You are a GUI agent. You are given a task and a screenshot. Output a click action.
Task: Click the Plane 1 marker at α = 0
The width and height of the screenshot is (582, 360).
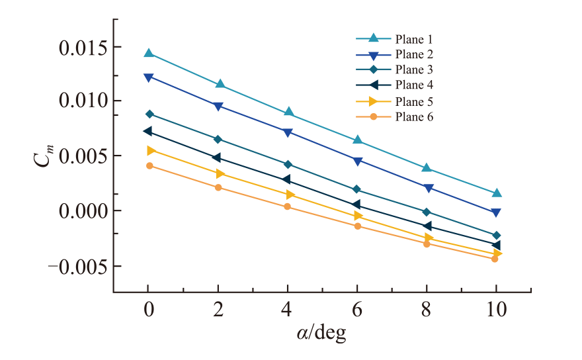(149, 53)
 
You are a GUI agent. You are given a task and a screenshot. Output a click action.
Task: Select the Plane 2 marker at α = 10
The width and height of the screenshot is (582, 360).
(496, 213)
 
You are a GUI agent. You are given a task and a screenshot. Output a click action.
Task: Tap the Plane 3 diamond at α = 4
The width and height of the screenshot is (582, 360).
(288, 165)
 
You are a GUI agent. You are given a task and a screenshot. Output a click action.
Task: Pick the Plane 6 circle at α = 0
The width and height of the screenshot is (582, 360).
(149, 165)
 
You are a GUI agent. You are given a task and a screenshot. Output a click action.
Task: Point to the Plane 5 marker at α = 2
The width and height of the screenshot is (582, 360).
(220, 173)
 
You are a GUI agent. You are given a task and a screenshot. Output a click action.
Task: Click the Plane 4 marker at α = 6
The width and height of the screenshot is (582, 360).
(356, 204)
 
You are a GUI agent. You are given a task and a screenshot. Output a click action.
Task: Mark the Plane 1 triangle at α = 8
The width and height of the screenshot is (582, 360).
(427, 168)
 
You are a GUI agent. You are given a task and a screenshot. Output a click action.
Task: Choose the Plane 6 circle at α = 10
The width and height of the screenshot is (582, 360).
(495, 259)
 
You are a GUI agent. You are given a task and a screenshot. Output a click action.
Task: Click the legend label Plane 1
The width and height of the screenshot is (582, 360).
(414, 40)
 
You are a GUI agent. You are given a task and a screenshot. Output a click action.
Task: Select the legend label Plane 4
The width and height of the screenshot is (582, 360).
(414, 85)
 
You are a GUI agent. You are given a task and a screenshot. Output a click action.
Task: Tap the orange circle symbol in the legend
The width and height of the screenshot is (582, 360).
(374, 116)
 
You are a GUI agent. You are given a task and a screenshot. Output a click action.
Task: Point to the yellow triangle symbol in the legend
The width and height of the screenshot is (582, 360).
(374, 101)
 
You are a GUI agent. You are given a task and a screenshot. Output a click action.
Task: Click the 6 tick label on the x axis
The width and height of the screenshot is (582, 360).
(356, 309)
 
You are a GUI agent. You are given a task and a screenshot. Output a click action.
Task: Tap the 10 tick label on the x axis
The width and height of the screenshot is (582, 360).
(496, 309)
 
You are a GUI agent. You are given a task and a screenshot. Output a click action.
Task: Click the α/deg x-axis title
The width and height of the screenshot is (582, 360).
(321, 334)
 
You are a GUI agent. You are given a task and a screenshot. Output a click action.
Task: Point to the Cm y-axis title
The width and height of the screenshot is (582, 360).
(44, 156)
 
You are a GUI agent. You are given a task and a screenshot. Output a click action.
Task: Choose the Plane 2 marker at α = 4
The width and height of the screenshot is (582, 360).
(288, 132)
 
